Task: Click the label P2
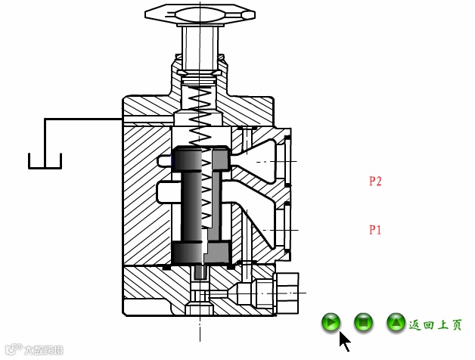pos(375,182)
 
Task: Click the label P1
pos(375,230)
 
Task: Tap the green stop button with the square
pos(363,323)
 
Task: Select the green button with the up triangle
pos(396,323)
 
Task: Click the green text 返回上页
pos(436,324)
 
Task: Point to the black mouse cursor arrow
pos(344,341)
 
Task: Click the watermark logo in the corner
pos(33,349)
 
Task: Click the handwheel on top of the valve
pos(200,14)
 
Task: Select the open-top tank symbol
pos(45,161)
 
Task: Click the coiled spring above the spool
pos(200,113)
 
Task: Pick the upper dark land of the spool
pos(201,157)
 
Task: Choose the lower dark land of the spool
pos(201,252)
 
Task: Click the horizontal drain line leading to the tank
pos(83,119)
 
